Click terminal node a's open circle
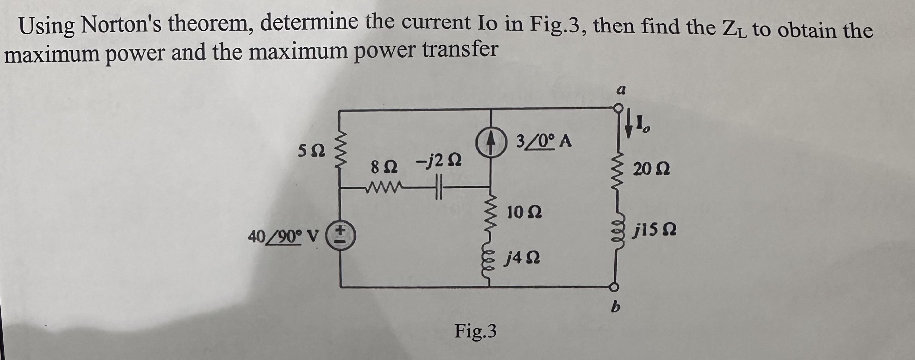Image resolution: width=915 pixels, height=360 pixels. point(618,108)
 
